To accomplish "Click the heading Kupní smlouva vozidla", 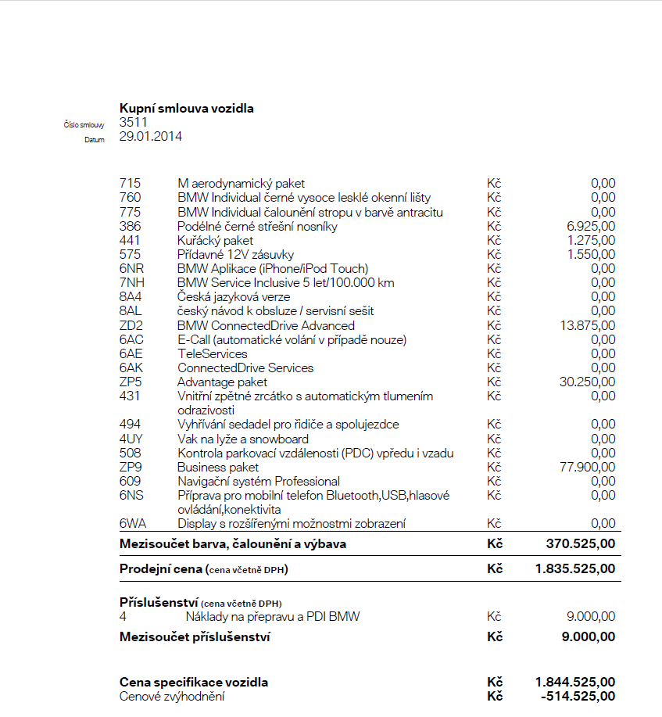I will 186,109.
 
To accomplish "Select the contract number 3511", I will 133,122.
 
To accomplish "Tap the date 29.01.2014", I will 151,136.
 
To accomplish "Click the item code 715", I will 130,184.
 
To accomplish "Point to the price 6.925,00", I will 591,226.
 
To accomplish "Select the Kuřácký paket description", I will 216,240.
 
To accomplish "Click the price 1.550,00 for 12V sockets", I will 591,254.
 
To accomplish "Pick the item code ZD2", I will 131,325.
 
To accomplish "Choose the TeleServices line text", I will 213,354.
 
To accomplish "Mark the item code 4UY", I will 131,439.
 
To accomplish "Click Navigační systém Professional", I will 259,482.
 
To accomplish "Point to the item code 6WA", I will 133,524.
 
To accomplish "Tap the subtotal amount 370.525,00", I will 580,543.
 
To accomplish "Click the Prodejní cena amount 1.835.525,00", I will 575,569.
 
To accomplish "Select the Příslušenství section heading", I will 159,603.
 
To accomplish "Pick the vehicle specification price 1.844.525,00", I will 575,683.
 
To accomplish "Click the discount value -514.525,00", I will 578,696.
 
